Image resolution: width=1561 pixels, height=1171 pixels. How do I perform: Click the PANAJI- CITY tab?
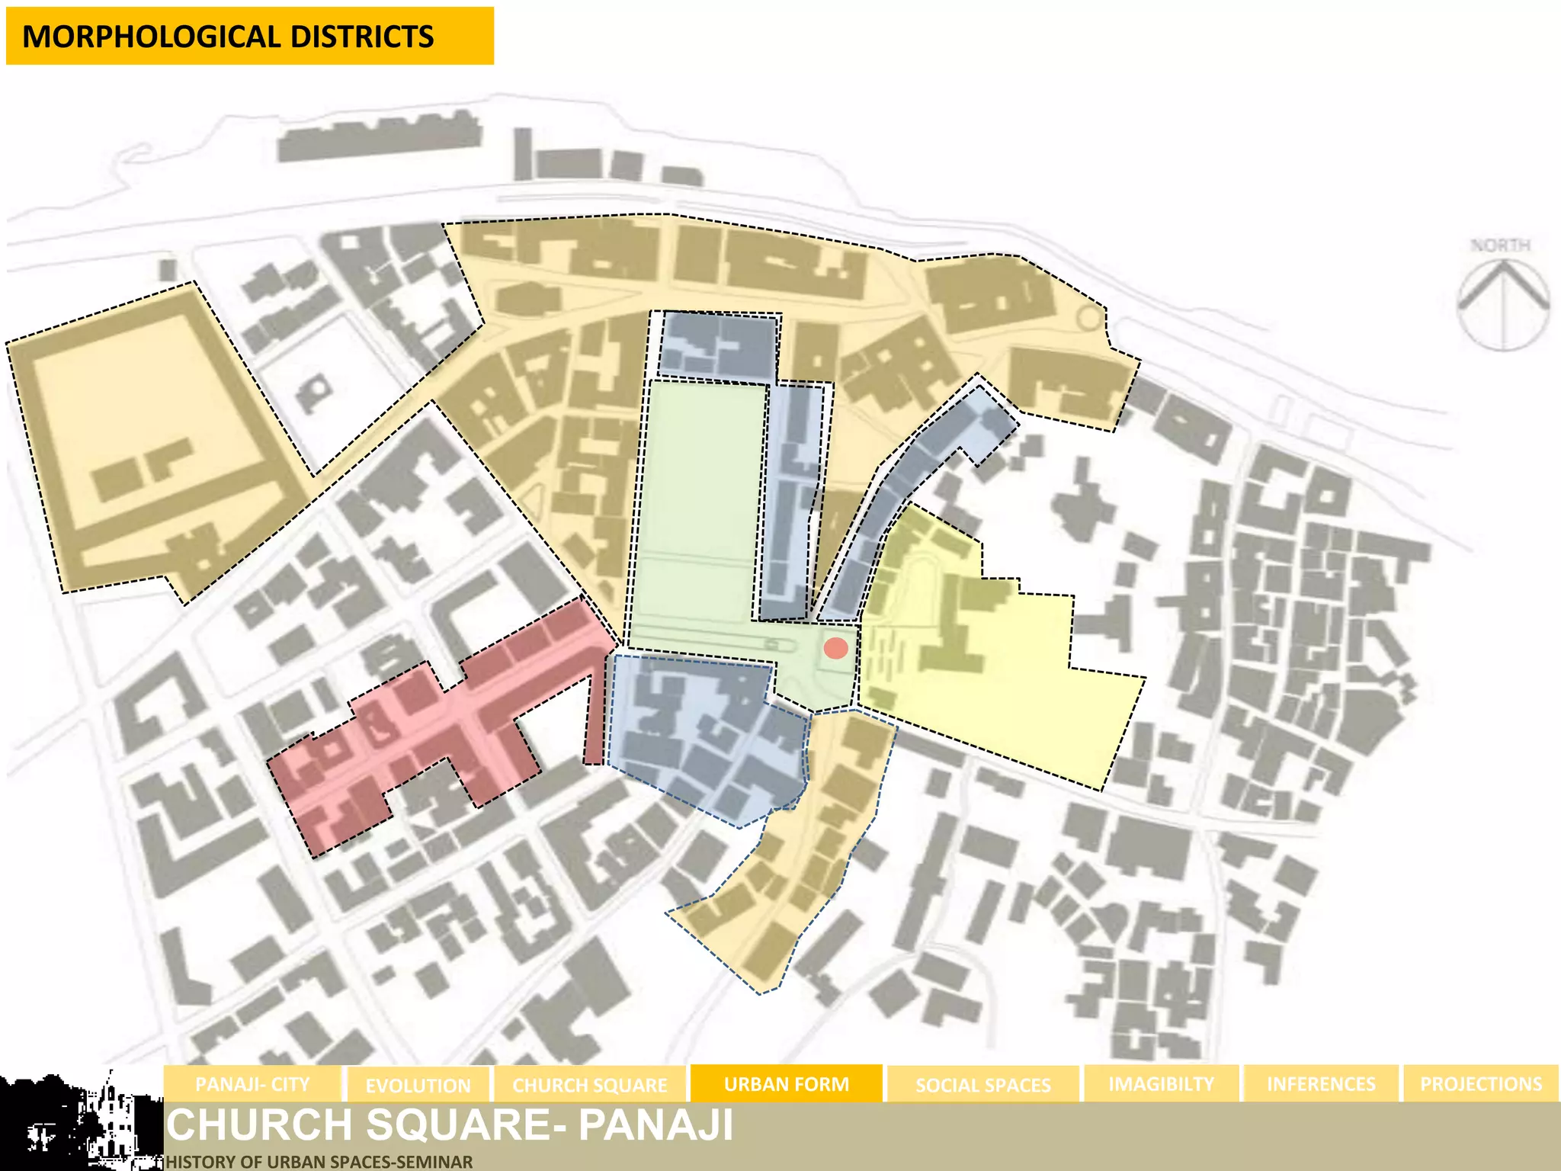252,1084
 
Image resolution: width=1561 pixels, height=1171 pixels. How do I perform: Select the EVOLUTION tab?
418,1085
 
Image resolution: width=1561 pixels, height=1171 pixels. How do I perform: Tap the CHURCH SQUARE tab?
589,1085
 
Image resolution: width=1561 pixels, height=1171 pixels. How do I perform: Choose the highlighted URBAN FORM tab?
786,1084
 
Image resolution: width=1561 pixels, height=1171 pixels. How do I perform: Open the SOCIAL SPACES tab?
982,1085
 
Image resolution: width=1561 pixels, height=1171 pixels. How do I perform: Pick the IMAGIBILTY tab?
1161,1084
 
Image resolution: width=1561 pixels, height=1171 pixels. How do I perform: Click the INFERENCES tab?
1321,1084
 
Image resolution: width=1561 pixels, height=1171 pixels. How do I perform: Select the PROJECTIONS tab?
1480,1084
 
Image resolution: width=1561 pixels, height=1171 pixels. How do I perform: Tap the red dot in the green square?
836,648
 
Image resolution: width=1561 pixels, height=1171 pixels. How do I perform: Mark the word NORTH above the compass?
1500,245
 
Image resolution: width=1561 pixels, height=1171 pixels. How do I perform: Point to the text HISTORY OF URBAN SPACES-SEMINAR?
319,1162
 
